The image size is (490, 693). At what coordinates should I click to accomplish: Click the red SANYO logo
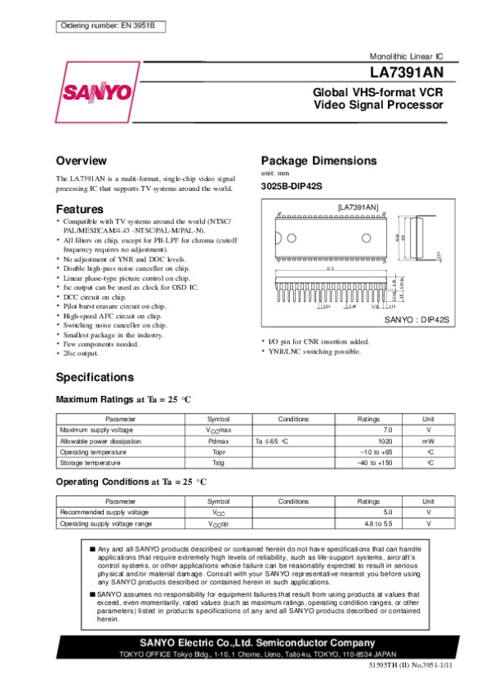pos(96,91)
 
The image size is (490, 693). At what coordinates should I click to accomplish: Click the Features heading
pos(80,209)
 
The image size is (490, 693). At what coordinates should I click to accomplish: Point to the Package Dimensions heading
pos(318,160)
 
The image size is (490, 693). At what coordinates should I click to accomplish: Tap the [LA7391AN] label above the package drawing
pos(358,208)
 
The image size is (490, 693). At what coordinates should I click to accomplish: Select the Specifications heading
pos(95,377)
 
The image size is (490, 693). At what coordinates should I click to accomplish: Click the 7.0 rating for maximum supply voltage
pos(388,429)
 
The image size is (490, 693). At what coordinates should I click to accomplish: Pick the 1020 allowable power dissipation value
pos(385,440)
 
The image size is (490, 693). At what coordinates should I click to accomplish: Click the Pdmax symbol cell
pos(218,440)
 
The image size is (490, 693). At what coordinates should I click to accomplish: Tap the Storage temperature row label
pos(89,462)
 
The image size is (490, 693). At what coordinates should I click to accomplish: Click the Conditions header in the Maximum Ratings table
pos(293,418)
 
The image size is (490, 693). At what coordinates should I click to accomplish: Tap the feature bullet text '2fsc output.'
pos(81,355)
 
